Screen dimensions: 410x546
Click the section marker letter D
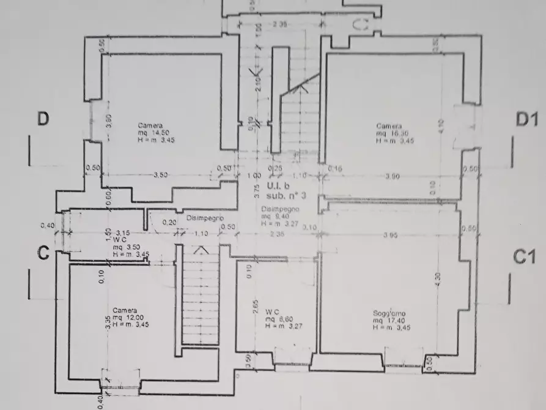click(43, 118)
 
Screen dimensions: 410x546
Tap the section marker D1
click(526, 119)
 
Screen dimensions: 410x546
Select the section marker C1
click(524, 257)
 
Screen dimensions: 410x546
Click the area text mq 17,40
click(388, 321)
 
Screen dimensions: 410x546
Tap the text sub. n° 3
click(282, 195)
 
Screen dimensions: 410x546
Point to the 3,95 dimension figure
click(390, 235)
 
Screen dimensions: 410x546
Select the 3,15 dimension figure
click(124, 233)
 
